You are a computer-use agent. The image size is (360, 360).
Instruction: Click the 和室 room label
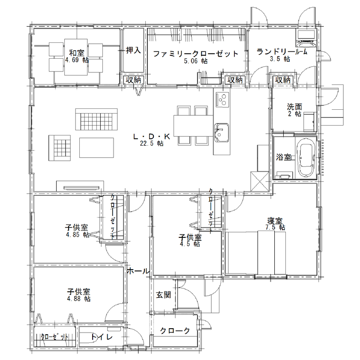click(x=77, y=53)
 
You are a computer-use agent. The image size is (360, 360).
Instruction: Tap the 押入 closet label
click(x=133, y=51)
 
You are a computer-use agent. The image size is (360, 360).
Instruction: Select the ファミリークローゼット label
click(x=195, y=54)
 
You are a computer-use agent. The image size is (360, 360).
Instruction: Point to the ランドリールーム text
click(x=282, y=52)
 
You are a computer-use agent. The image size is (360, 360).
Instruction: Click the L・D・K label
click(x=152, y=137)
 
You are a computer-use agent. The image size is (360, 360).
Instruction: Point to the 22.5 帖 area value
click(x=152, y=144)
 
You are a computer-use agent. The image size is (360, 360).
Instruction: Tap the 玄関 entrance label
click(x=163, y=295)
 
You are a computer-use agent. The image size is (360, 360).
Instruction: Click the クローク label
click(x=175, y=331)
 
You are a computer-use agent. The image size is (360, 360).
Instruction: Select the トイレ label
click(x=102, y=337)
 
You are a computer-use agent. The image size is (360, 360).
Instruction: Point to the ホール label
click(x=138, y=271)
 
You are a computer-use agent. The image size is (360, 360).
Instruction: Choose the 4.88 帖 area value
click(x=78, y=299)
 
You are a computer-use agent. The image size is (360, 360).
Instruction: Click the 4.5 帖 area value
click(x=191, y=244)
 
